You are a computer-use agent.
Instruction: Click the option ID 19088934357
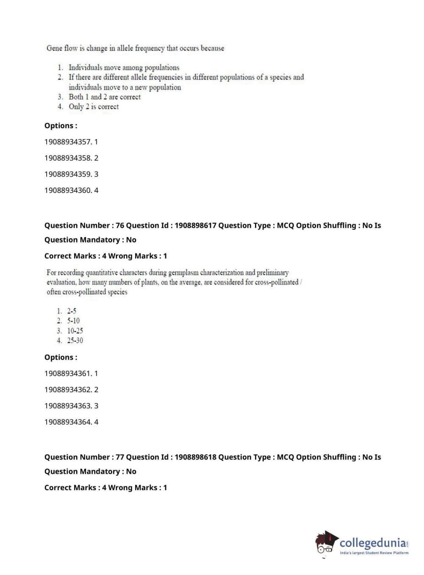point(68,142)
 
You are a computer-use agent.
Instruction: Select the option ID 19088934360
point(68,190)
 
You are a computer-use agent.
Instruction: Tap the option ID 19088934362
point(68,390)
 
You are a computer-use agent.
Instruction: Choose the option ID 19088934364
point(68,422)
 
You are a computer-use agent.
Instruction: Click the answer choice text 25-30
point(75,341)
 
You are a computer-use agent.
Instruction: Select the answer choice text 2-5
point(72,311)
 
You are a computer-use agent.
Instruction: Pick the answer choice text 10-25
point(75,331)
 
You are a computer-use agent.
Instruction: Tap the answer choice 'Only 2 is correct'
point(94,107)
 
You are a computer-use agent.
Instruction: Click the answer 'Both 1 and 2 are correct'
point(105,97)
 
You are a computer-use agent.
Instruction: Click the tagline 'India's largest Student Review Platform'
point(374,553)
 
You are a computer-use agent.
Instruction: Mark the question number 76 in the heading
point(120,226)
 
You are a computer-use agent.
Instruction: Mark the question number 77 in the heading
point(120,457)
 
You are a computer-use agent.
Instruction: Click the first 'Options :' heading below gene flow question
point(61,126)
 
